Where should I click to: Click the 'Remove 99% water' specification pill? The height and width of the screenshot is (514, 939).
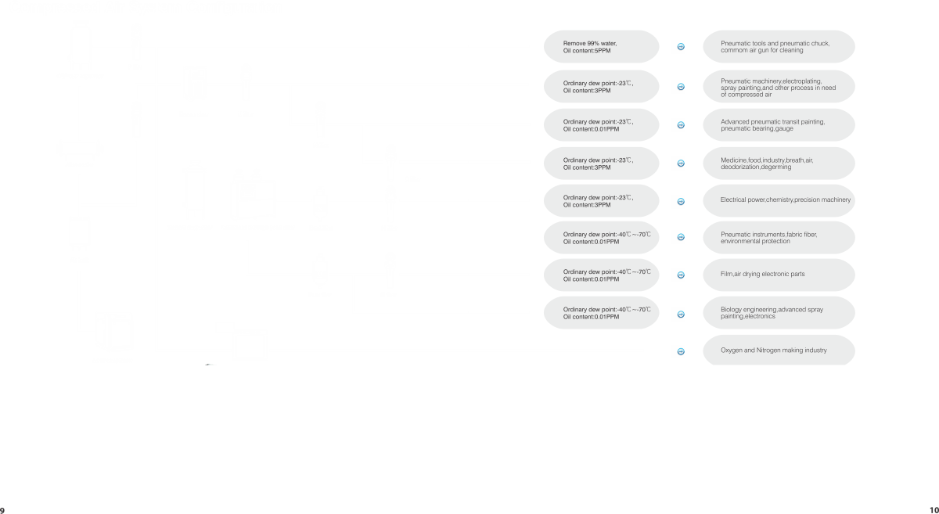[x=600, y=47]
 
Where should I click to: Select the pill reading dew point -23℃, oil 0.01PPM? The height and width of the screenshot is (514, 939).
[x=600, y=125]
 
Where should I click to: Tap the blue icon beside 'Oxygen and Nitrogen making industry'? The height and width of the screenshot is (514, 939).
[x=680, y=351]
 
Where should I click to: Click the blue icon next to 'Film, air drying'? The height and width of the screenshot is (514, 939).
[x=680, y=275]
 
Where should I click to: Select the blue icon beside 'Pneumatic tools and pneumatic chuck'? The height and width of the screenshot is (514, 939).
[x=680, y=48]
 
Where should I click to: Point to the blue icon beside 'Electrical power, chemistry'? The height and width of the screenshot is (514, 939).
[x=680, y=201]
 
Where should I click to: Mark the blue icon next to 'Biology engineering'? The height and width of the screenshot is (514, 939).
[x=680, y=314]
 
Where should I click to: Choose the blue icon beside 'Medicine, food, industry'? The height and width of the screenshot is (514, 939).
[x=680, y=164]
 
